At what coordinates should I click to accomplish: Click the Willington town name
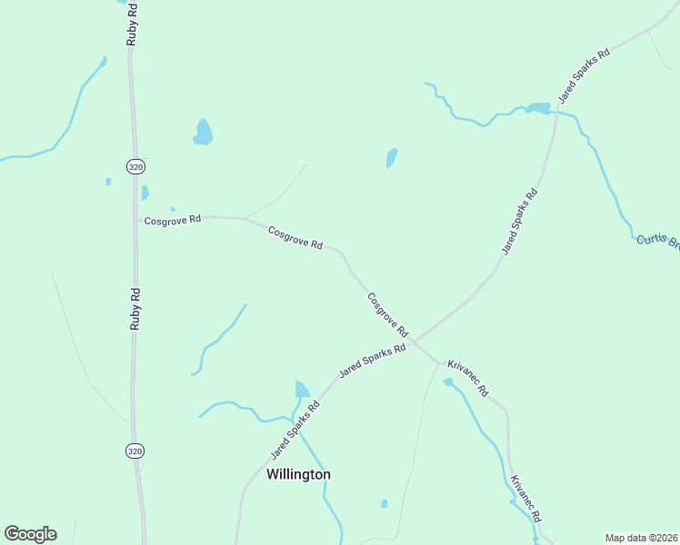point(298,474)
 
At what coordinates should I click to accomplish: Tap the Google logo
point(30,534)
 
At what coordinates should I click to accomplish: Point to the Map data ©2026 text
point(640,538)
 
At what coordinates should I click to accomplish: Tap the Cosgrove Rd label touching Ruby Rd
point(172,220)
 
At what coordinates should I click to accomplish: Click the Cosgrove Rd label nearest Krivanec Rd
point(388,314)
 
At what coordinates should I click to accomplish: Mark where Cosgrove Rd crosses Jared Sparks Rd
point(414,342)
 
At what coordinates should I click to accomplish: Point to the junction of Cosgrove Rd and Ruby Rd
point(137,219)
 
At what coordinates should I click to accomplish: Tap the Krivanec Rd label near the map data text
point(526,498)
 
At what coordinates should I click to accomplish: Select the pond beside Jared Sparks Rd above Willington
point(302,390)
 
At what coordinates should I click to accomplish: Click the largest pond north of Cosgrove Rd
point(203,133)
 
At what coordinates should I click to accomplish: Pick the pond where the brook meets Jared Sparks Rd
point(538,109)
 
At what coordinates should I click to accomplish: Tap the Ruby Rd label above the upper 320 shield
point(133,23)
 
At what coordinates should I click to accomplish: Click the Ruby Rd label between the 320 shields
point(135,309)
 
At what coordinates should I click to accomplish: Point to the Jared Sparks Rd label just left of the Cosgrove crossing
point(372,361)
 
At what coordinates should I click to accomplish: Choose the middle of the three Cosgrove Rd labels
point(296,238)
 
